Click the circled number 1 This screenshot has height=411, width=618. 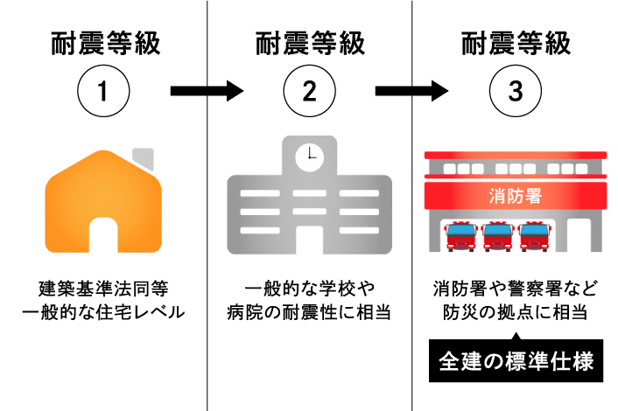pyautogui.click(x=104, y=90)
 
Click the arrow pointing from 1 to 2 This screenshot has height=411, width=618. pyautogui.click(x=206, y=90)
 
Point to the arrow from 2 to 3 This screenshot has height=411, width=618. pyautogui.click(x=411, y=90)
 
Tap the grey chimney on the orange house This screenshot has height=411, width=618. pyautogui.click(x=144, y=158)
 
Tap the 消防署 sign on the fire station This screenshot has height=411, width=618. pyautogui.click(x=515, y=194)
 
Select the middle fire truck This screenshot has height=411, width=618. pyautogui.click(x=496, y=236)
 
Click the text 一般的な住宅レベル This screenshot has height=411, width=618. pyautogui.click(x=104, y=311)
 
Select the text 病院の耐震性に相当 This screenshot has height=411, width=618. pyautogui.click(x=309, y=311)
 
